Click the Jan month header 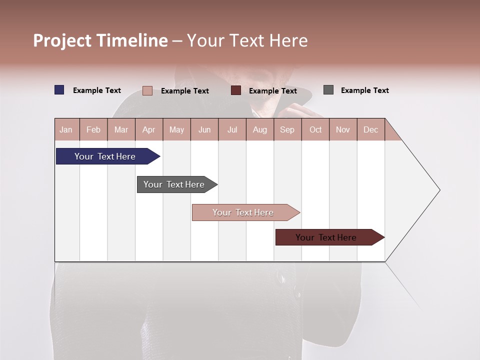(66, 129)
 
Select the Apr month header (148, 129)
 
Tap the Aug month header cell (259, 129)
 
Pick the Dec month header (370, 129)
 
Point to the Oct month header (315, 129)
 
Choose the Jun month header (204, 129)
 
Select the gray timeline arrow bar (175, 184)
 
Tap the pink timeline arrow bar (244, 212)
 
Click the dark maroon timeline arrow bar (327, 237)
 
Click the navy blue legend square (59, 90)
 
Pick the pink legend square (147, 90)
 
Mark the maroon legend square (235, 90)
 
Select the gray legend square (328, 90)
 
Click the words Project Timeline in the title (100, 40)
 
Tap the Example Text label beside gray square (364, 90)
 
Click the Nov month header (343, 129)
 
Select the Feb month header (93, 129)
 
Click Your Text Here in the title (247, 40)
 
